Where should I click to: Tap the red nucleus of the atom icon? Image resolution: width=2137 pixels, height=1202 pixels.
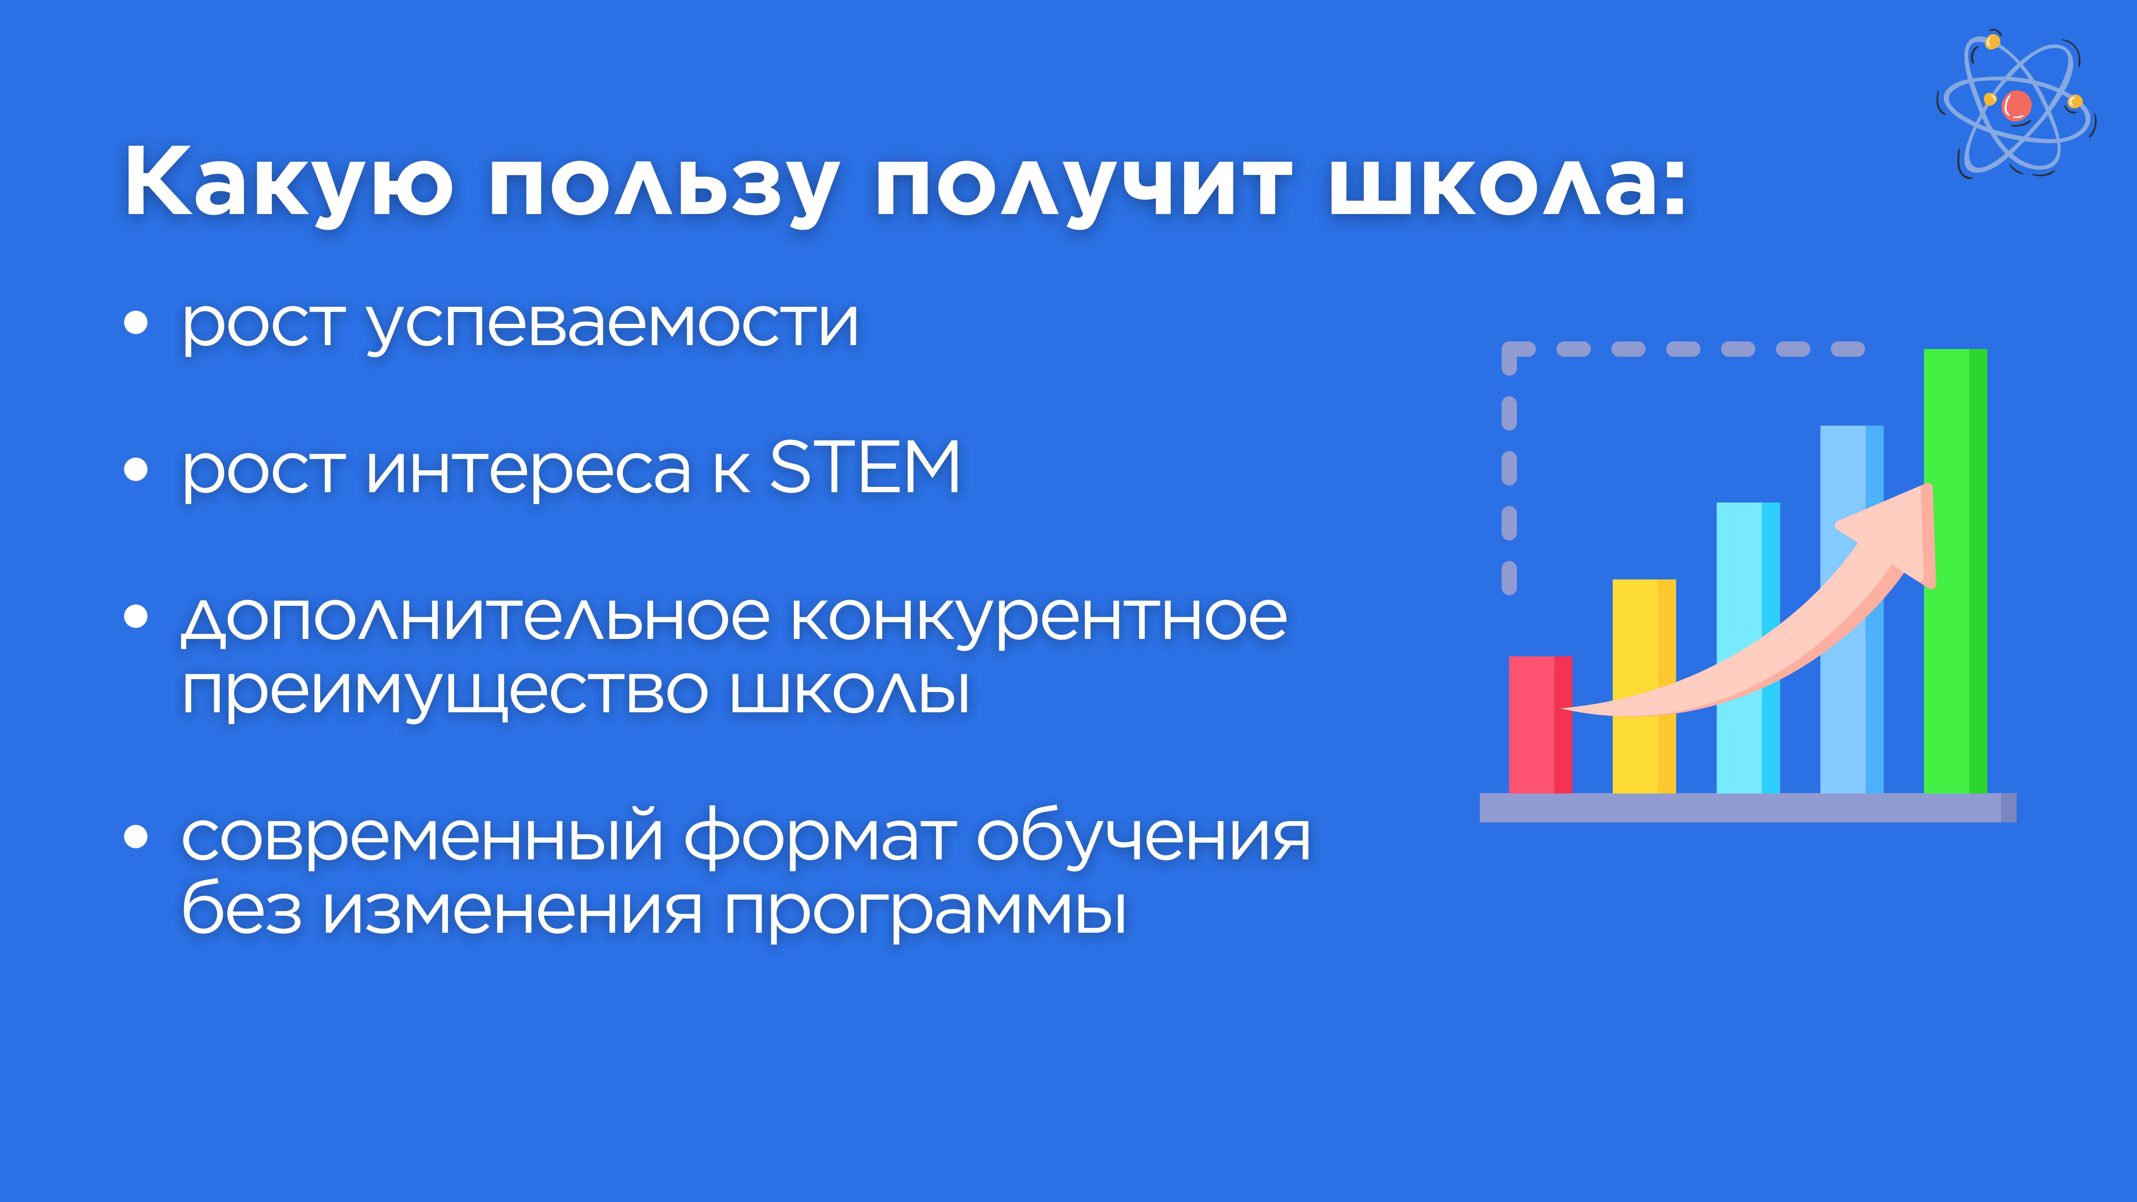(x=2017, y=105)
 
